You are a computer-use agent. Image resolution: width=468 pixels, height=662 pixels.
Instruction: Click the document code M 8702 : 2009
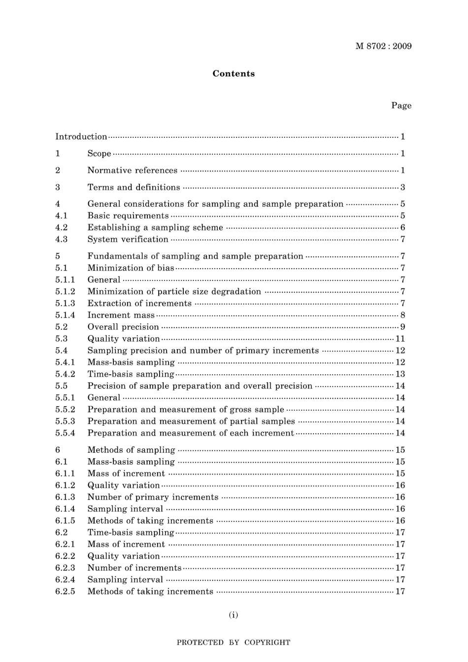383,46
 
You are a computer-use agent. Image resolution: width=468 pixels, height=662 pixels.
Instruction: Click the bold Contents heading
234,74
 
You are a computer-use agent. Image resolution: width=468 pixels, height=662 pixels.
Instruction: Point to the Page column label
401,105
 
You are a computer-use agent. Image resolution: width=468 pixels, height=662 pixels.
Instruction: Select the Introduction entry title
81,137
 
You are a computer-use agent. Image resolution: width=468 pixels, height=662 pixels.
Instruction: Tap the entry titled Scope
99,154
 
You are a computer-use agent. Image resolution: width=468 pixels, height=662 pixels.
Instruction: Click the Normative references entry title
132,170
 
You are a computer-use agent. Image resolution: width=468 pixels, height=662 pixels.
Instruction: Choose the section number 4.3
62,239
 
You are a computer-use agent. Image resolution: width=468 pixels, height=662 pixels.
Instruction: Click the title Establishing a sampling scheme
155,227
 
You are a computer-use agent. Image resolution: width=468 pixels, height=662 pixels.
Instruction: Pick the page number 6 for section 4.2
402,227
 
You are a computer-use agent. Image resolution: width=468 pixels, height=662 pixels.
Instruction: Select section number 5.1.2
65,291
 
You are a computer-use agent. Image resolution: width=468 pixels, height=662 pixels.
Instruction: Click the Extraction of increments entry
139,303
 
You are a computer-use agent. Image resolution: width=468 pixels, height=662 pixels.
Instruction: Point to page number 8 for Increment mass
402,315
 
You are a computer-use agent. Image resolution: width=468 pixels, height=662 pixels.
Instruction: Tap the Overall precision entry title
123,327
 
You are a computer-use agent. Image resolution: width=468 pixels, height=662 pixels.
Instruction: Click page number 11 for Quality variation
400,339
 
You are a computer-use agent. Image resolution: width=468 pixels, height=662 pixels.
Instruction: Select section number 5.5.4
65,433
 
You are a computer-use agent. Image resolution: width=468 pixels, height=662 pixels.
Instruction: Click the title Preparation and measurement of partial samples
191,421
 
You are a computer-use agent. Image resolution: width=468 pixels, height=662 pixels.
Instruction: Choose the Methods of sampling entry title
131,450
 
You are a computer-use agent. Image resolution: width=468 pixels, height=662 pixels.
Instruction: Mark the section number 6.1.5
65,521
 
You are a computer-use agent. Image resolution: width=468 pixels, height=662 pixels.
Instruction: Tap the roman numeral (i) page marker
234,615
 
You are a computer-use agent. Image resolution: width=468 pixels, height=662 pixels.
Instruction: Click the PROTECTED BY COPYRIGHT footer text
234,642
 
